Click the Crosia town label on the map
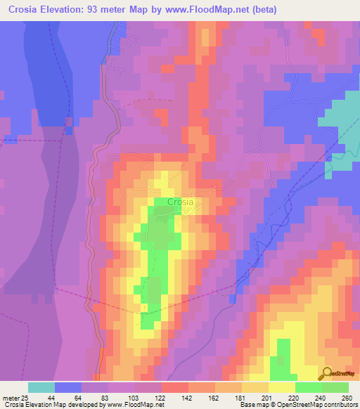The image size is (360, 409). click(x=180, y=202)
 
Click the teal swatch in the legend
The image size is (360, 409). click(x=41, y=387)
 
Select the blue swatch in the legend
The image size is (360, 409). click(x=68, y=387)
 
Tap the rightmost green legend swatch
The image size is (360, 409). click(x=335, y=387)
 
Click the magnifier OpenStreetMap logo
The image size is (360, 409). click(x=327, y=372)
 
